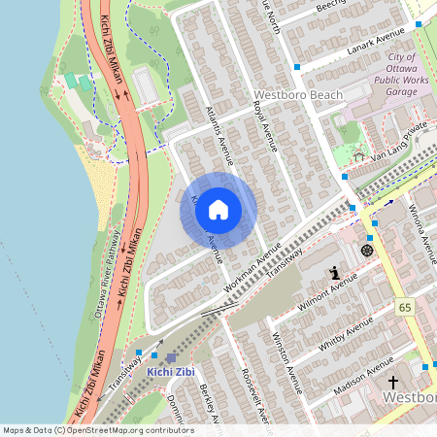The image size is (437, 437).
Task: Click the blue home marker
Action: point(218,210)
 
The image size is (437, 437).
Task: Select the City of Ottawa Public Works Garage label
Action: point(387,75)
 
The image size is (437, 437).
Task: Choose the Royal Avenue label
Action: point(265,125)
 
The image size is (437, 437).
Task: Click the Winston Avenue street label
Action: point(282,360)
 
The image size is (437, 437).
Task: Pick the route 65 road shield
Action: point(405,307)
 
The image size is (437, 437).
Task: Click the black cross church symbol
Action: point(392,382)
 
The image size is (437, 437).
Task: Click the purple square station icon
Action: point(172,358)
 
